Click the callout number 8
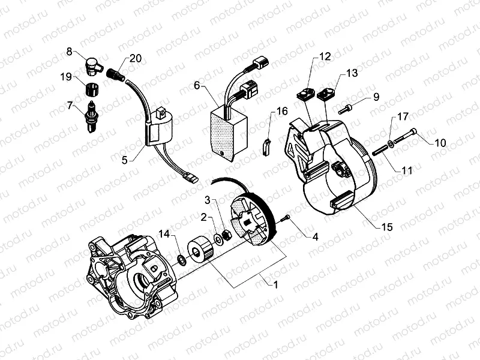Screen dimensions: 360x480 (x=70, y=52)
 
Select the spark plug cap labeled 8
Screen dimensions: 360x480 (x=94, y=65)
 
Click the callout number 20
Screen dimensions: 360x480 (x=136, y=58)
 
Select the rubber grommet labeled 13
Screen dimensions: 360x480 (x=327, y=94)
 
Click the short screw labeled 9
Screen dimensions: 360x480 (x=346, y=109)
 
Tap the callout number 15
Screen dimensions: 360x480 (x=387, y=227)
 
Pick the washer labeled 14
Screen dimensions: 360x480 (x=180, y=260)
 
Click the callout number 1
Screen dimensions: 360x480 (x=275, y=284)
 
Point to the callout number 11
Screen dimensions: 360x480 (x=407, y=171)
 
